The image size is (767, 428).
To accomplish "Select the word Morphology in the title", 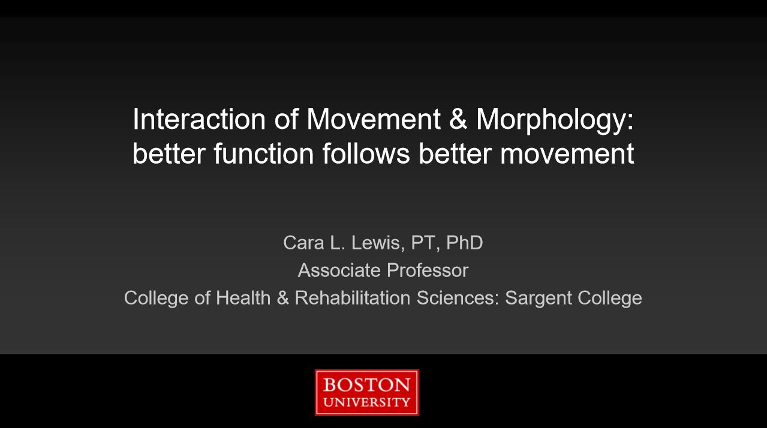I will tap(555, 120).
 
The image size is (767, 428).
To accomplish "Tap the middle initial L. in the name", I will tap(337, 243).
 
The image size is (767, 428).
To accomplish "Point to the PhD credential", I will tap(464, 243).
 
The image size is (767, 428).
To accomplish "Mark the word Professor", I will tap(428, 270).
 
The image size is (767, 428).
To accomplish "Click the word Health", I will tap(243, 298).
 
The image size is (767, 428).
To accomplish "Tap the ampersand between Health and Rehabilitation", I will tap(282, 298).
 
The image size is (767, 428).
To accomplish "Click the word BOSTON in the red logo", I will tap(366, 384).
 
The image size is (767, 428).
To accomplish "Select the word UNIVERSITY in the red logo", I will tap(366, 402).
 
